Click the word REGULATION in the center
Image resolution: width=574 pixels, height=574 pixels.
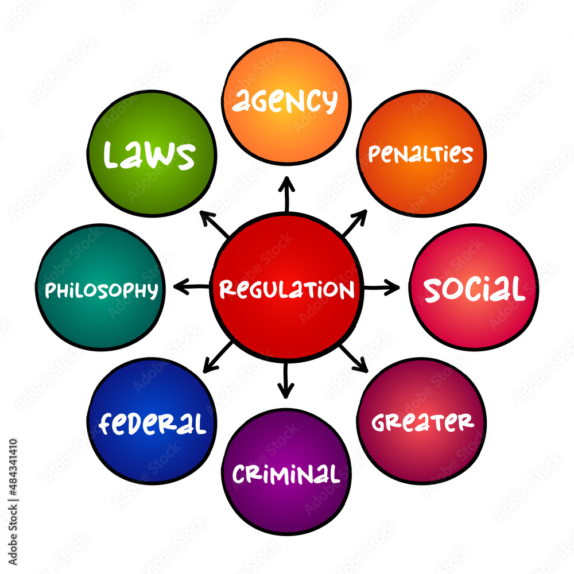(x=286, y=289)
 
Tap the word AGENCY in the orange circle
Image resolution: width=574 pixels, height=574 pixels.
(x=285, y=102)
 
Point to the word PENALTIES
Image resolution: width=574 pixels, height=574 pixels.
(x=421, y=154)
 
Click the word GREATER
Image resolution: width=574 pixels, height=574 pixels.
(x=422, y=422)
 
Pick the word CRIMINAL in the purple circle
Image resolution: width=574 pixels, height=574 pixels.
(x=285, y=474)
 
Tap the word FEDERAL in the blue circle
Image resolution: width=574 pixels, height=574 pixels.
(x=152, y=424)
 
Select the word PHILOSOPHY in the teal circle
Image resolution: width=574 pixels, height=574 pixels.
(x=101, y=290)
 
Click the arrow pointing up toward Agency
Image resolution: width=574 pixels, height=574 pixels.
(x=286, y=194)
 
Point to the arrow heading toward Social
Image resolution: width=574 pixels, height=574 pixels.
(x=381, y=287)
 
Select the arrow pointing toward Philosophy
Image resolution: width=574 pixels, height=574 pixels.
(x=191, y=286)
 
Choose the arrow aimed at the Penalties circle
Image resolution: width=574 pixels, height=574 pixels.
(x=354, y=223)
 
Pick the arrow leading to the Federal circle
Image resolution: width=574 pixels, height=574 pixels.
(x=218, y=356)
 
